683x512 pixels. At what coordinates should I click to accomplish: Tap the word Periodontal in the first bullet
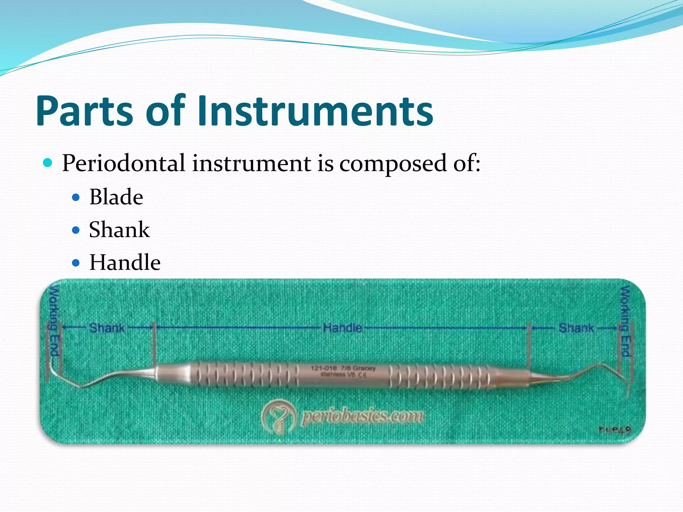[123, 163]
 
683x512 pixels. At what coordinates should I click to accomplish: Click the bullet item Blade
[116, 197]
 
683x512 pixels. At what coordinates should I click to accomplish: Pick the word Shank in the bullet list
[119, 230]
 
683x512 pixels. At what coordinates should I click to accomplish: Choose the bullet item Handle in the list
[125, 262]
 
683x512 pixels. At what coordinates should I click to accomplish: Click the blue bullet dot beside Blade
[76, 198]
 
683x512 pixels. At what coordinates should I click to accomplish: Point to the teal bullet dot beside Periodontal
[48, 163]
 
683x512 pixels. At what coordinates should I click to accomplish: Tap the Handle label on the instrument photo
[342, 328]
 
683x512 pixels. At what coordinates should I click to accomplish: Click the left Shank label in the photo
[107, 328]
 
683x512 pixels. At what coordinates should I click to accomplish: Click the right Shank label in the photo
[576, 328]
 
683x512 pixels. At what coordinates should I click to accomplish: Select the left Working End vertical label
[54, 321]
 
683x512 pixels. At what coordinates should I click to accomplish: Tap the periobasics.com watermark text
[363, 416]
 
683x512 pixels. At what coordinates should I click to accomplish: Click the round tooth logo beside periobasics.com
[278, 417]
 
